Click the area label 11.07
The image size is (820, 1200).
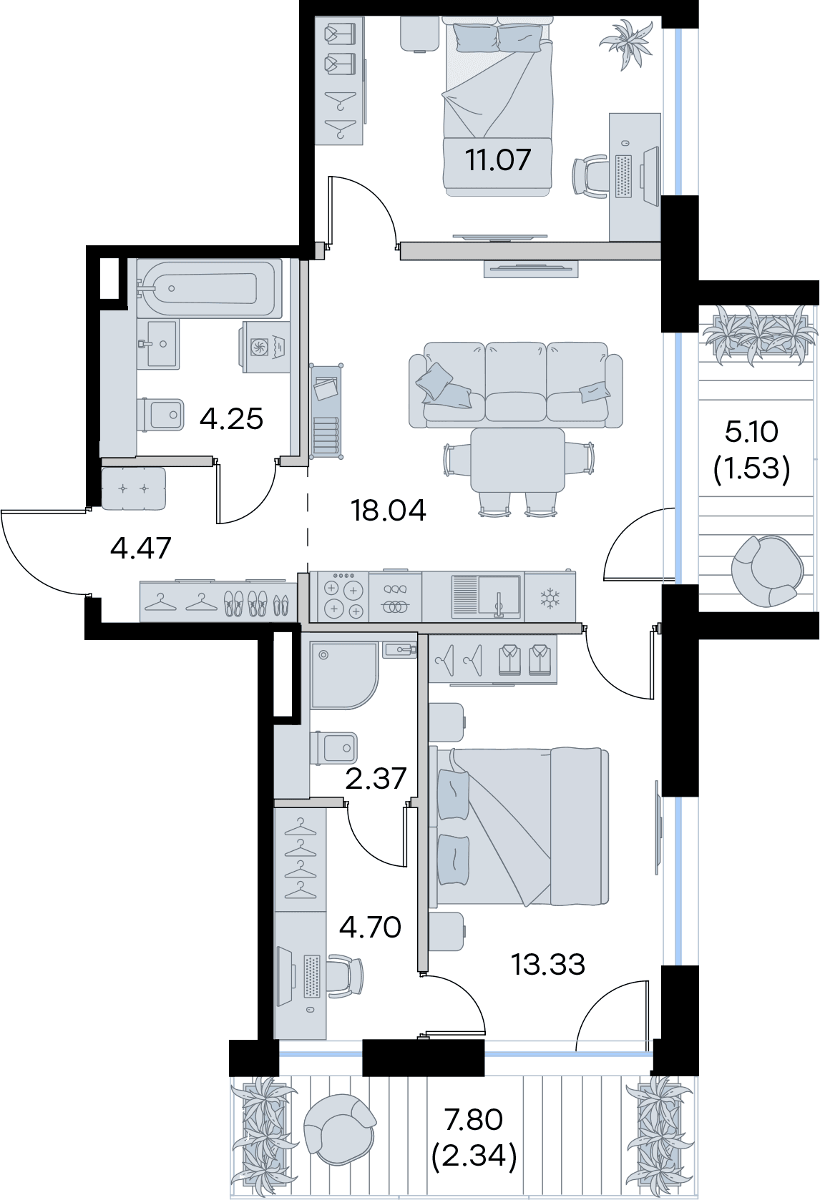click(498, 159)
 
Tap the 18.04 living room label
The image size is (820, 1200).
click(388, 510)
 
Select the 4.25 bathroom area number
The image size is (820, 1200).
click(232, 418)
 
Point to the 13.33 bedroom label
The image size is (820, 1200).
click(547, 964)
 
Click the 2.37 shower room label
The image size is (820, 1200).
click(376, 778)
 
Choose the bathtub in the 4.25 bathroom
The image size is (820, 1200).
click(210, 288)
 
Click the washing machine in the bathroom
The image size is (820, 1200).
click(266, 347)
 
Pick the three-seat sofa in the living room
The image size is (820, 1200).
click(516, 385)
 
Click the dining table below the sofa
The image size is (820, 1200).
click(518, 460)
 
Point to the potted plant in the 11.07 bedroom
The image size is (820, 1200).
click(625, 44)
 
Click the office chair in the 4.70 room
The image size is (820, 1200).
click(345, 976)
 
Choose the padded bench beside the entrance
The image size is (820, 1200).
click(134, 488)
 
